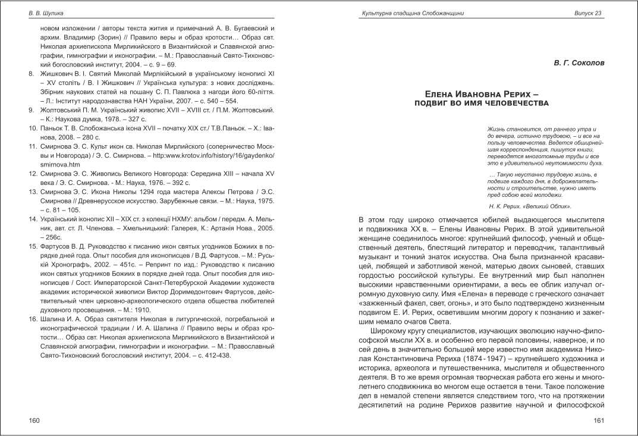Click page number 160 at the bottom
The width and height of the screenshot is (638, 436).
tap(34, 421)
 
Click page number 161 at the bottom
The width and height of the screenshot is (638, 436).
tap(599, 421)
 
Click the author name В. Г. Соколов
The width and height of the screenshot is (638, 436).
tap(577, 61)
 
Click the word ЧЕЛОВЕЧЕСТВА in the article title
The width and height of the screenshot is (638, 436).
tap(517, 103)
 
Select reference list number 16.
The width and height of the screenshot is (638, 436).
tap(34, 320)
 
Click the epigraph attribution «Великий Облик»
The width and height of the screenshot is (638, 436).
tap(552, 206)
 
